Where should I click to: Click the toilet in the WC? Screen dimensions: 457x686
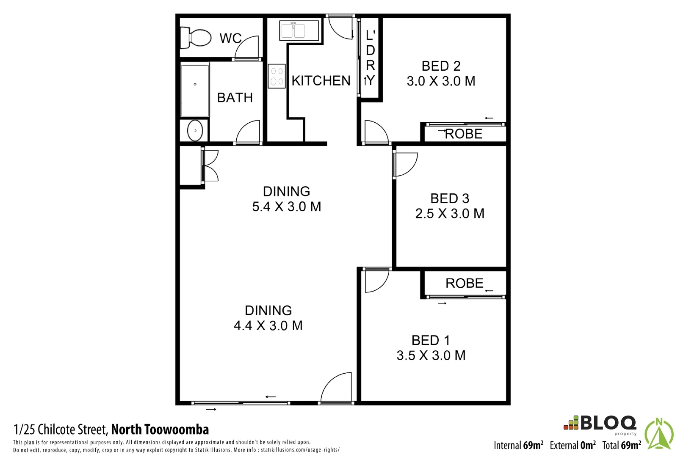pyautogui.click(x=195, y=38)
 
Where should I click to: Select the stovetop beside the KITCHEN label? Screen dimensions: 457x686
pyautogui.click(x=277, y=76)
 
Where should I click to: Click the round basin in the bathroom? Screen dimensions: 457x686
pyautogui.click(x=195, y=130)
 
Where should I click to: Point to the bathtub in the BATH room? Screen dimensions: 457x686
pyautogui.click(x=195, y=89)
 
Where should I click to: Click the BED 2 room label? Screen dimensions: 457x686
pyautogui.click(x=441, y=66)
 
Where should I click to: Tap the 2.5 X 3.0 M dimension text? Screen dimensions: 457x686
pyautogui.click(x=450, y=214)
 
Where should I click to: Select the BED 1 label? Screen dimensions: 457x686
pyautogui.click(x=431, y=340)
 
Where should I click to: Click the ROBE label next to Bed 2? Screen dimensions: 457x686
pyautogui.click(x=464, y=134)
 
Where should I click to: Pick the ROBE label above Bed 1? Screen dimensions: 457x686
pyautogui.click(x=464, y=283)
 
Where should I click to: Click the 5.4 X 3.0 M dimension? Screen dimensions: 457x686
pyautogui.click(x=287, y=206)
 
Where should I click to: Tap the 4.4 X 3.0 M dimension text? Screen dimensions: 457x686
pyautogui.click(x=268, y=325)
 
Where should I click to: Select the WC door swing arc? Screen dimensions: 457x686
pyautogui.click(x=247, y=47)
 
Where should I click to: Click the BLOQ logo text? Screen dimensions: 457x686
pyautogui.click(x=608, y=423)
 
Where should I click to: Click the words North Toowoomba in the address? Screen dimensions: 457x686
pyautogui.click(x=160, y=429)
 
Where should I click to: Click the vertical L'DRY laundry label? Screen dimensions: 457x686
pyautogui.click(x=370, y=58)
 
